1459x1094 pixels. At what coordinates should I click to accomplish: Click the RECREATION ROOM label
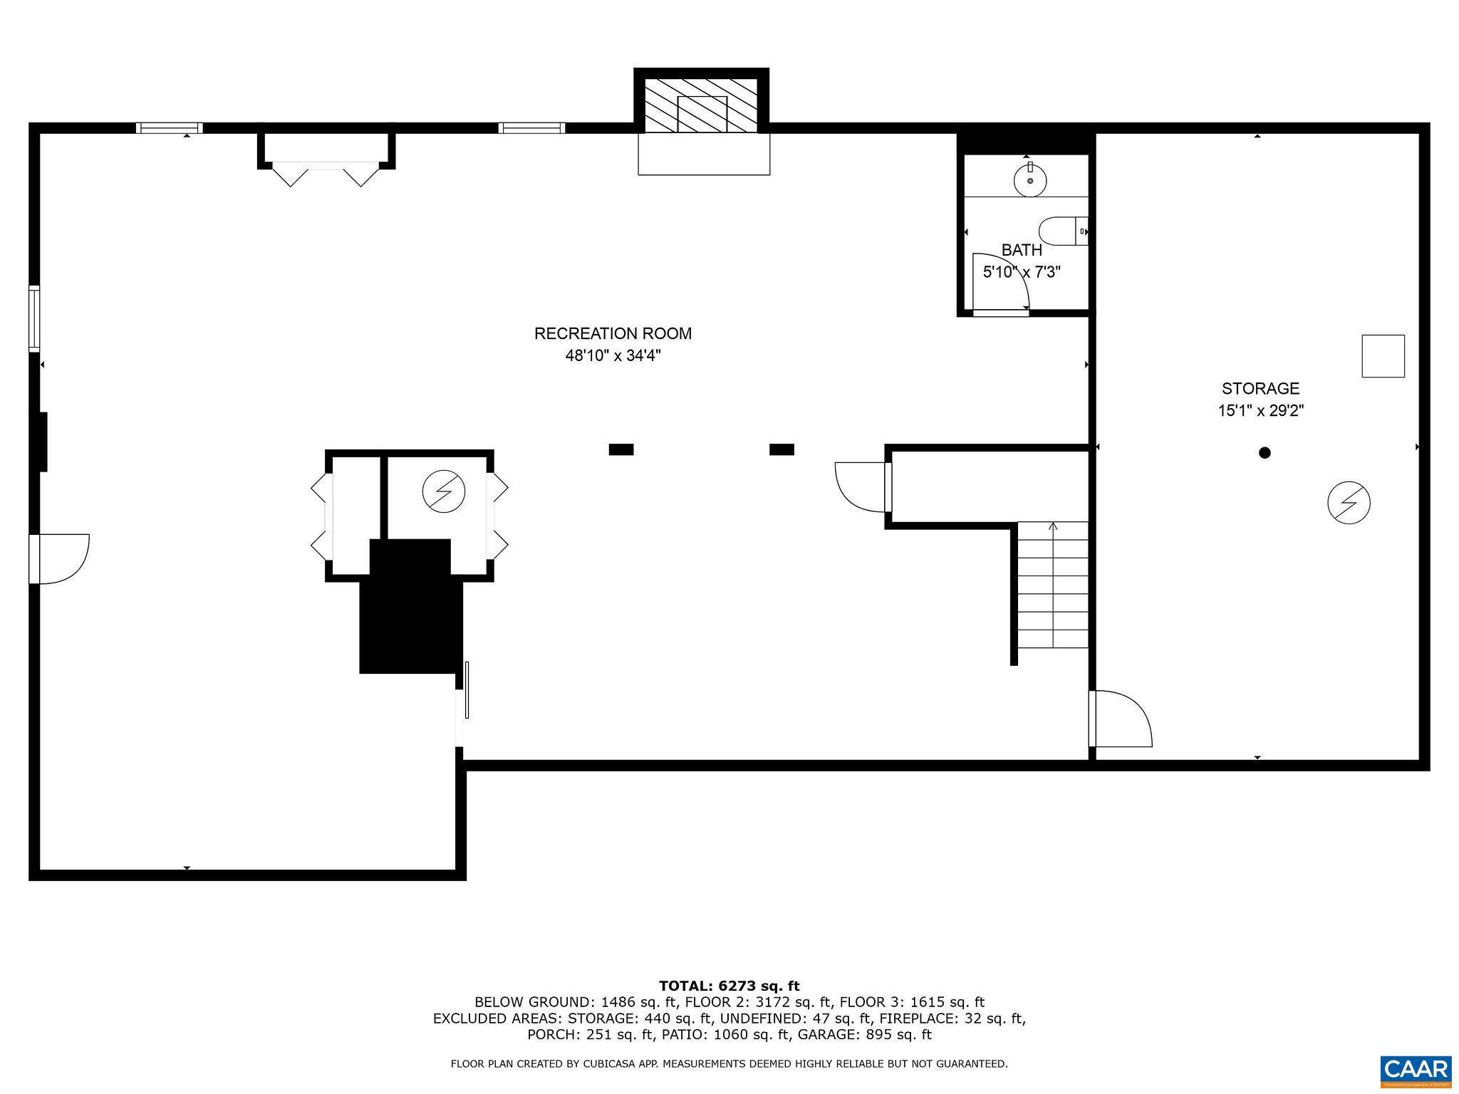[613, 333]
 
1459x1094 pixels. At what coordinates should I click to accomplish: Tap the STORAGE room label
[1260, 389]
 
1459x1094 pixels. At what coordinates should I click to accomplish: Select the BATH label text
[1022, 250]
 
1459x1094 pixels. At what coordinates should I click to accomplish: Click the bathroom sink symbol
[1030, 179]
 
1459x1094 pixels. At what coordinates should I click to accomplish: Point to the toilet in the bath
[1061, 231]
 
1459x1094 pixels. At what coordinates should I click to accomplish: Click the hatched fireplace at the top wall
[701, 105]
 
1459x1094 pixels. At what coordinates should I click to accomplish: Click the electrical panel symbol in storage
[1349, 503]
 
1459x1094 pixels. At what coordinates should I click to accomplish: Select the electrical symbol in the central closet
[443, 491]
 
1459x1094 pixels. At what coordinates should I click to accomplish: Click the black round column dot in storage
[1265, 452]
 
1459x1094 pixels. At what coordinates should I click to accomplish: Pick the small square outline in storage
[1383, 356]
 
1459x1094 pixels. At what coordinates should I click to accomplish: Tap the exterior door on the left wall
[61, 558]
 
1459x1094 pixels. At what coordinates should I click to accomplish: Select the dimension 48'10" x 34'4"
[613, 355]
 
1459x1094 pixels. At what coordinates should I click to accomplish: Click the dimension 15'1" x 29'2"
[1260, 411]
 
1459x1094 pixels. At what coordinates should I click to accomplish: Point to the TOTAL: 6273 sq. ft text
[729, 986]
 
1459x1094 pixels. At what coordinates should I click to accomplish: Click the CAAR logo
[1415, 1070]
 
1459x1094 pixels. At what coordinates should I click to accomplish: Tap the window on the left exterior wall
[33, 318]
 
